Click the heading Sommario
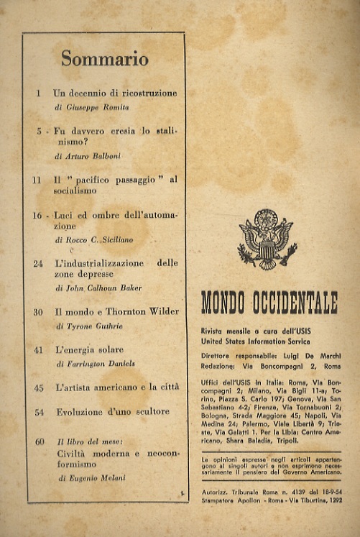[104, 60]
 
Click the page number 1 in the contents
[37, 93]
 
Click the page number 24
[38, 264]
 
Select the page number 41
[38, 349]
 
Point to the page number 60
[39, 441]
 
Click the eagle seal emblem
[267, 239]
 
